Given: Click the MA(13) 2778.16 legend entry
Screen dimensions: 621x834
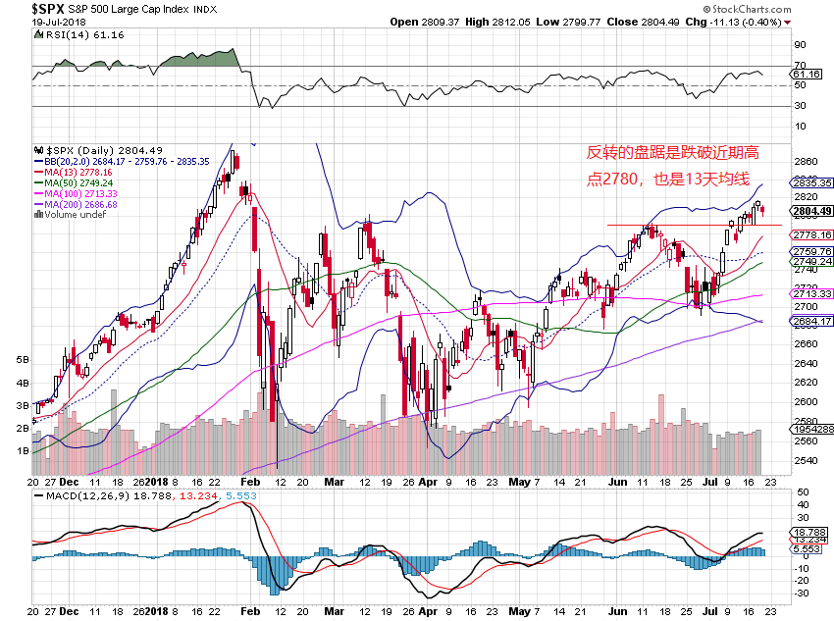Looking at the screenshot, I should coord(77,172).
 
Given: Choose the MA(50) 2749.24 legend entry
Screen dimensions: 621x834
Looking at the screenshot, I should coord(77,182).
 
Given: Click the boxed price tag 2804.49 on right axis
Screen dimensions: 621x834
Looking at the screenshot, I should coord(812,211).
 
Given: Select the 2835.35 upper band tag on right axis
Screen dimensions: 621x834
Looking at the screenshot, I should coord(812,182).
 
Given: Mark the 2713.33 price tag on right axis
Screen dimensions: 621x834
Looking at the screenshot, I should coord(812,294).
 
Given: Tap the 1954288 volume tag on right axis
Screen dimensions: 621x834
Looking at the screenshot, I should coord(812,430).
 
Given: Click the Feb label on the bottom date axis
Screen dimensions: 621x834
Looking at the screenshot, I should coord(250,483).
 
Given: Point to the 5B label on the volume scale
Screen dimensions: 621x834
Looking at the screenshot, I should coord(23,360).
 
